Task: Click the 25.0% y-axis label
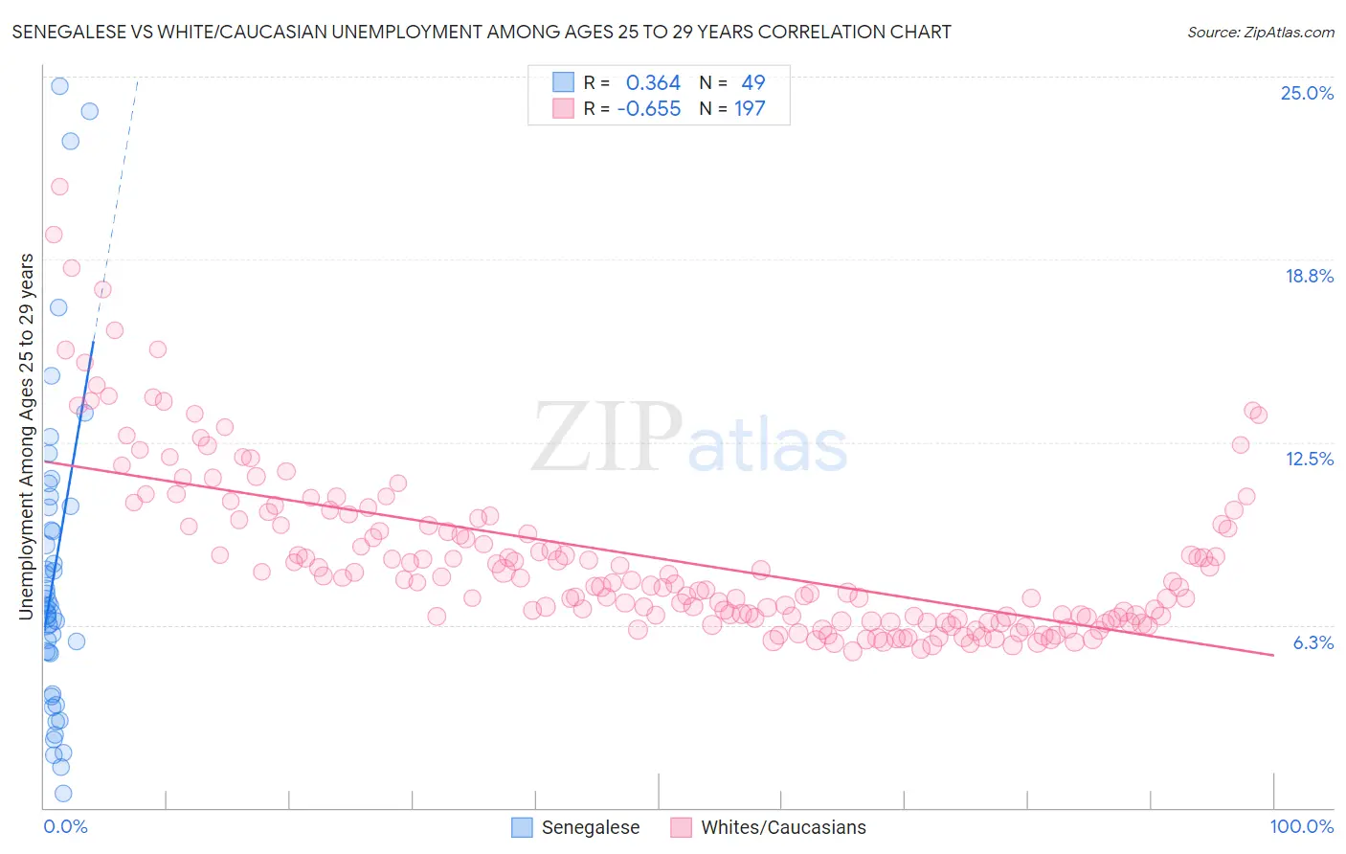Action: (1307, 93)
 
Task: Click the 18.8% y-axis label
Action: (1309, 276)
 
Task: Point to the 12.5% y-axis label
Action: (1309, 459)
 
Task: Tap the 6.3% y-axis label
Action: (1312, 642)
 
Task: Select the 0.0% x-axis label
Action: (65, 826)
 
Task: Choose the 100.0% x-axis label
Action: (1301, 826)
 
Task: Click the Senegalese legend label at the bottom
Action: (590, 827)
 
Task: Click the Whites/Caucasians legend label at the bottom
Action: (783, 827)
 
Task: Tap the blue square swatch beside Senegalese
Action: (522, 827)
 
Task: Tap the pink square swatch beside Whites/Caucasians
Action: (681, 827)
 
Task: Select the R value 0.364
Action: (653, 83)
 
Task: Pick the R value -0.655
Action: (648, 109)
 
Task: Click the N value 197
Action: (750, 109)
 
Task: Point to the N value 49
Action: (753, 83)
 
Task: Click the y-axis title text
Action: (27, 437)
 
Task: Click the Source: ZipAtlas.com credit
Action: (1260, 32)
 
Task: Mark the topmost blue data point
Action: (59, 86)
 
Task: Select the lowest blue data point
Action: (63, 793)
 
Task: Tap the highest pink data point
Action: (59, 187)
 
